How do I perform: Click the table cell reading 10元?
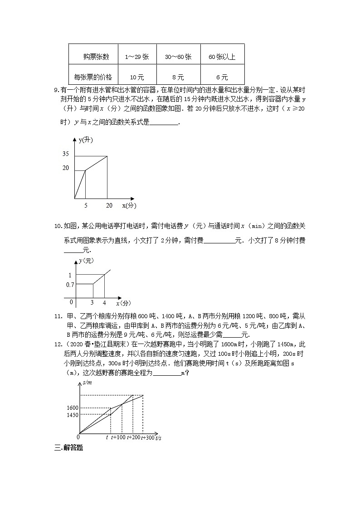pos(137,78)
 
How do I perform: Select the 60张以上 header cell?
pos(222,57)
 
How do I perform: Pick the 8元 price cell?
pos(178,78)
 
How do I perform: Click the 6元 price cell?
pos(222,78)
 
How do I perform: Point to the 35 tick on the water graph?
pos(66,154)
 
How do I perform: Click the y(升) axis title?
pos(85,140)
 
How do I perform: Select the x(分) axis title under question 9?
pos(129,205)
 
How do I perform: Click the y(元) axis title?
pos(86,261)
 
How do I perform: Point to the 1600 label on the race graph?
pos(73,408)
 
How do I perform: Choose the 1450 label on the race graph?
pos(73,415)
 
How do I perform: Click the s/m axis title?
pos(87,383)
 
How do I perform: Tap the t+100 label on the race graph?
pos(118,437)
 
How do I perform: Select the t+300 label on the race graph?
pos(147,437)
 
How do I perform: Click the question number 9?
pos(56,89)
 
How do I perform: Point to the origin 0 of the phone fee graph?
pos(71,302)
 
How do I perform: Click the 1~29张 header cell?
pos(137,57)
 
